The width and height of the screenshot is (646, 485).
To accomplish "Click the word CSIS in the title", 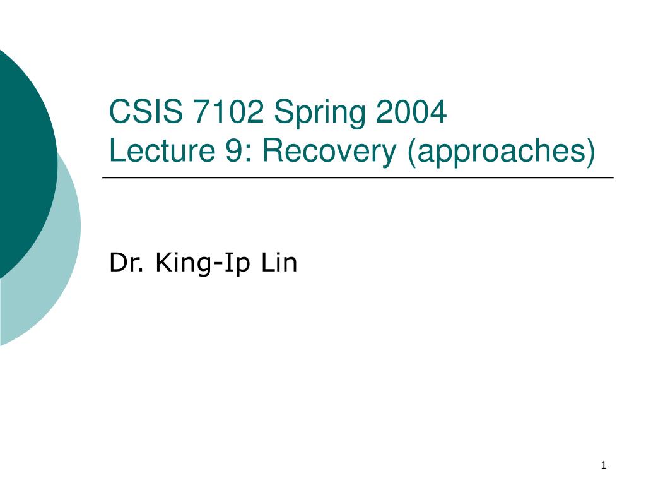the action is tap(146, 111).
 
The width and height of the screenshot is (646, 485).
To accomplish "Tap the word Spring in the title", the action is tap(320, 114).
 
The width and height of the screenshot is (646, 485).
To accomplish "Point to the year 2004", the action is tap(411, 111).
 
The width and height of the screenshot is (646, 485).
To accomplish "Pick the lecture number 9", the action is tap(233, 150).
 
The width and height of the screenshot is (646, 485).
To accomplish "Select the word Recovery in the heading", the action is tap(329, 152).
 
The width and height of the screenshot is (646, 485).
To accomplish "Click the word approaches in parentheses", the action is tap(500, 152).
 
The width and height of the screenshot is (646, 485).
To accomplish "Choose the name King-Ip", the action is tap(203, 263).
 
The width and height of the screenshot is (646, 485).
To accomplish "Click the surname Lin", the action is tap(279, 262).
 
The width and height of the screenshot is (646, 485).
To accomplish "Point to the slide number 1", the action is tap(604, 465).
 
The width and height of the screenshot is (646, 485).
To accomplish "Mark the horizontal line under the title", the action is tap(358, 177).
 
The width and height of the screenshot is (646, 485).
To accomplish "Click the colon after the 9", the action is tap(248, 153).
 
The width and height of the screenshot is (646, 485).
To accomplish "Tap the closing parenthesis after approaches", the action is tap(590, 152).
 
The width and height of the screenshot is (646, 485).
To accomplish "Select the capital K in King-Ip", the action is tap(163, 262).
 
